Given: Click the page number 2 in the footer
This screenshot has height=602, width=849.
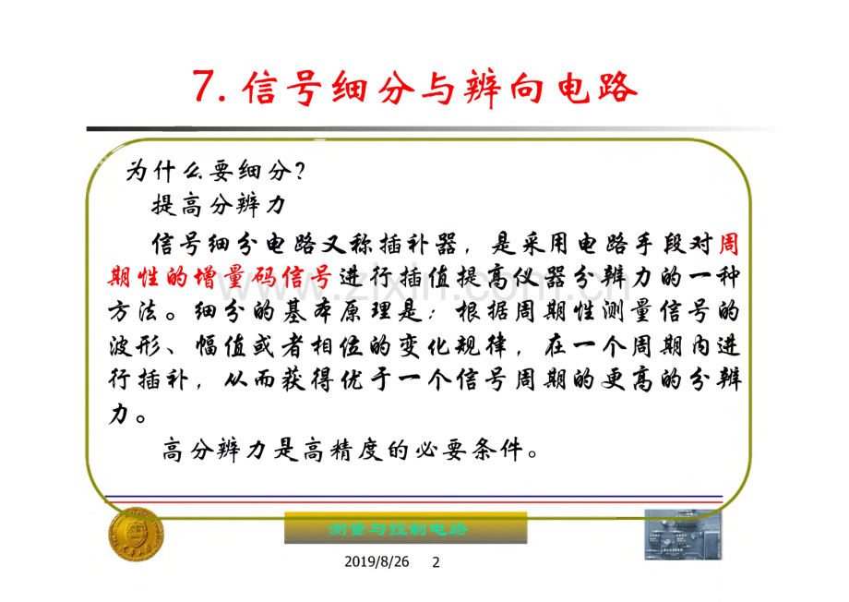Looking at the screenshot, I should tap(437, 561).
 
